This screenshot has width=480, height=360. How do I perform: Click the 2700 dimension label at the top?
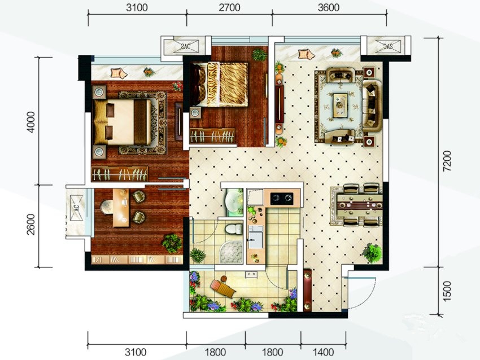point(229,7)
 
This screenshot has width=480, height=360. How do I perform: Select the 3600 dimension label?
point(329,7)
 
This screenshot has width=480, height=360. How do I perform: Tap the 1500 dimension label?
point(447,291)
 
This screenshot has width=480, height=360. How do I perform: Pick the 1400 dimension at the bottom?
point(323,352)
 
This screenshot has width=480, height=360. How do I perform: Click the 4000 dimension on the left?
point(31,122)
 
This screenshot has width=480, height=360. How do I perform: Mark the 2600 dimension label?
point(31,224)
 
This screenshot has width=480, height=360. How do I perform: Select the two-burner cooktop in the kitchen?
point(282,199)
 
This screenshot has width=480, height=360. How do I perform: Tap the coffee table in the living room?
point(340,105)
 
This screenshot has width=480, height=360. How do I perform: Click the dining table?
point(359,205)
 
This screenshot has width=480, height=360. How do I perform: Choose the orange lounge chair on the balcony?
point(222,288)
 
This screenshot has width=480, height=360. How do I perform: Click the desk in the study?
point(121,208)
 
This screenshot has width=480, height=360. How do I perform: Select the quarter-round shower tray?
point(232,252)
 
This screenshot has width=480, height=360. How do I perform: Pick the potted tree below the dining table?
point(372,253)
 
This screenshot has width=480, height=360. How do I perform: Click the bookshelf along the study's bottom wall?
point(137,260)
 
